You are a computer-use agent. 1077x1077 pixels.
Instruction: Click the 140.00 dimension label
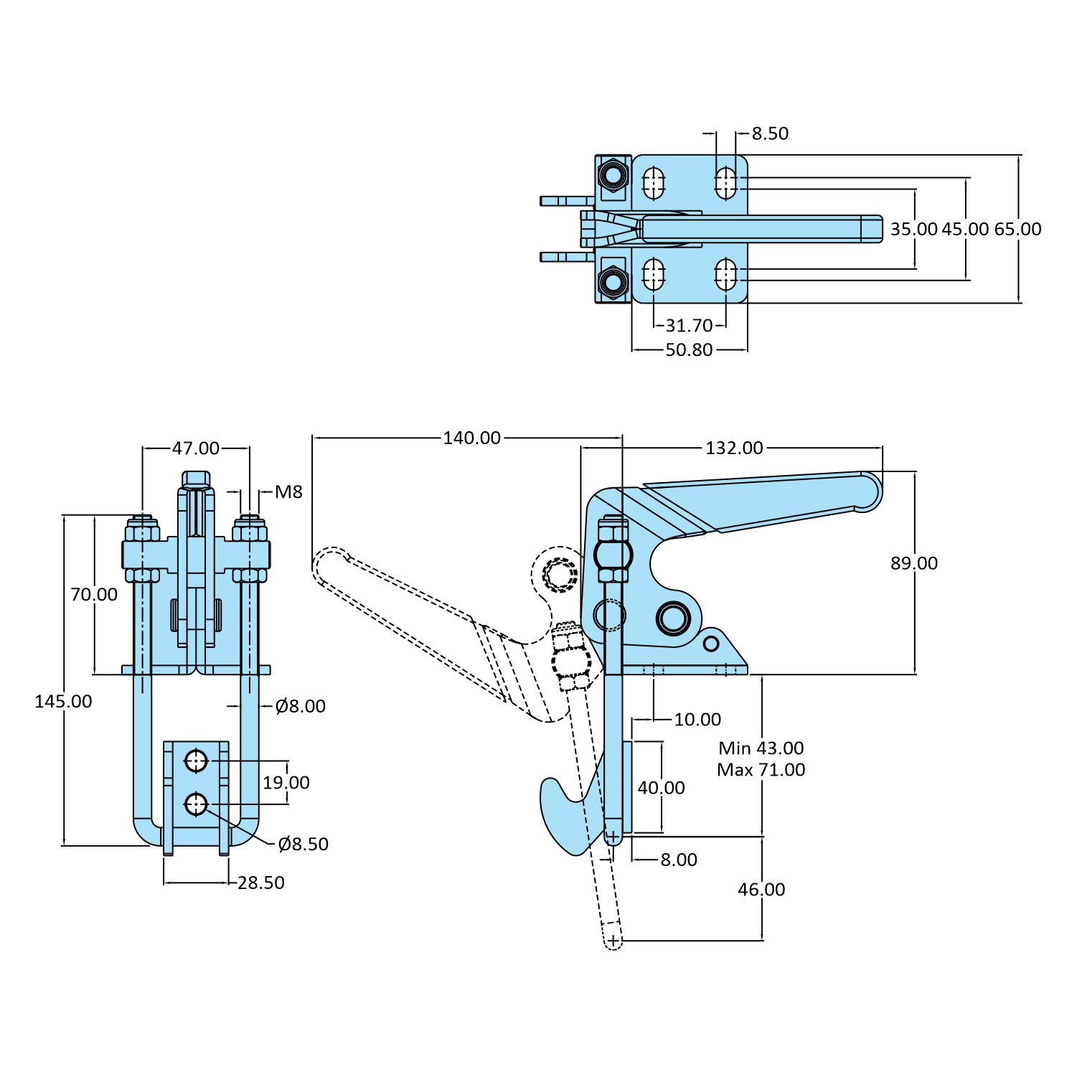click(471, 438)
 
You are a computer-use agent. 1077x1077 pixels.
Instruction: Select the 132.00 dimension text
click(734, 448)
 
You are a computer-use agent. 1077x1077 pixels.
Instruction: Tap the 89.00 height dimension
click(913, 563)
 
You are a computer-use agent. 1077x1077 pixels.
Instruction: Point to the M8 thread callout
click(288, 492)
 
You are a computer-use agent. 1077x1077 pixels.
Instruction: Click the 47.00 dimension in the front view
click(196, 448)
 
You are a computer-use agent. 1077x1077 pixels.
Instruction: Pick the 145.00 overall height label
click(63, 702)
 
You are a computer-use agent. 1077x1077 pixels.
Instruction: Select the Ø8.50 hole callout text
click(303, 845)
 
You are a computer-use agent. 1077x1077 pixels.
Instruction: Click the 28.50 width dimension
click(261, 883)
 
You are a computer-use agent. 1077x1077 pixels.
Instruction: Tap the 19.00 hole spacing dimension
click(286, 783)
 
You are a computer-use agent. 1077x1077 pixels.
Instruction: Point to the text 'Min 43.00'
click(761, 748)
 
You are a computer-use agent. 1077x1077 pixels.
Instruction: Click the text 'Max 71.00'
click(761, 770)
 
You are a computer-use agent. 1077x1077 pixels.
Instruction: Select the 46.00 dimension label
click(761, 890)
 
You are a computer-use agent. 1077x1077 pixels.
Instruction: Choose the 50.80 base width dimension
click(689, 350)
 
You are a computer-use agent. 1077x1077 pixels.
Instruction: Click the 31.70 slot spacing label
click(689, 326)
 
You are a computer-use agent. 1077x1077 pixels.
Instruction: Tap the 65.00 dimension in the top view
click(1017, 230)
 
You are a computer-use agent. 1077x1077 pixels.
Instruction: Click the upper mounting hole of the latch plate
click(196, 761)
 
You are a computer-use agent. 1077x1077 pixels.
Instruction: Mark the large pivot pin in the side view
click(673, 617)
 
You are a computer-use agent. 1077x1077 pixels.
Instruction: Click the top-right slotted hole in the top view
click(725, 183)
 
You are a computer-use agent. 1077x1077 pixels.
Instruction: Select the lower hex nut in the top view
click(613, 281)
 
